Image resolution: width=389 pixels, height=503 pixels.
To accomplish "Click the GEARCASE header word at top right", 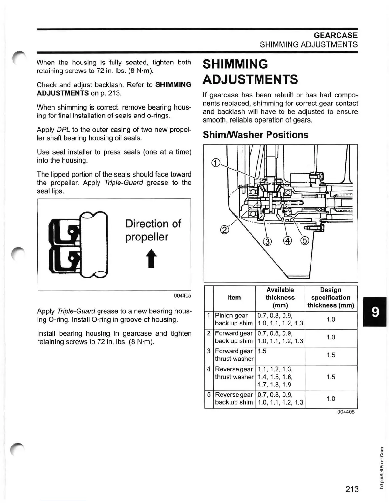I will (335, 35).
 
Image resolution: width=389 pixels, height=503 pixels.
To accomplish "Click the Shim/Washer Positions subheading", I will (256, 135).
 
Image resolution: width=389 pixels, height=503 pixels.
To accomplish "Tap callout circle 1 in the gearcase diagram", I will (215, 163).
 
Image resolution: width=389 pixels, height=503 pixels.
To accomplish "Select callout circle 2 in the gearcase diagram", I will (224, 230).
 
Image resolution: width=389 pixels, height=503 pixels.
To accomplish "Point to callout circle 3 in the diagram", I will (268, 242).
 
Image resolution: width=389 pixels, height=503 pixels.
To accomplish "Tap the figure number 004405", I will (182, 296).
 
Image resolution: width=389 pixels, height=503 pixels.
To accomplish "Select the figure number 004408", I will (346, 412).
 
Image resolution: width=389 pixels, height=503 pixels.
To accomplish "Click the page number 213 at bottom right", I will (352, 489).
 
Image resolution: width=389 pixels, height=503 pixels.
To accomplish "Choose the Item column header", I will (234, 298).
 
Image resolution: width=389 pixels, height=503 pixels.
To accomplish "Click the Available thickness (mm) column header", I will (280, 298).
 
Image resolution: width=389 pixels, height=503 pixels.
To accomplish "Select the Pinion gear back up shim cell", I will (234, 319).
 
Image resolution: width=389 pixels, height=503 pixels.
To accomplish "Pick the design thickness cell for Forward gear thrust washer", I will (331, 355).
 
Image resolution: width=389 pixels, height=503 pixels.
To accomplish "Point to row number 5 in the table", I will (209, 395).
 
